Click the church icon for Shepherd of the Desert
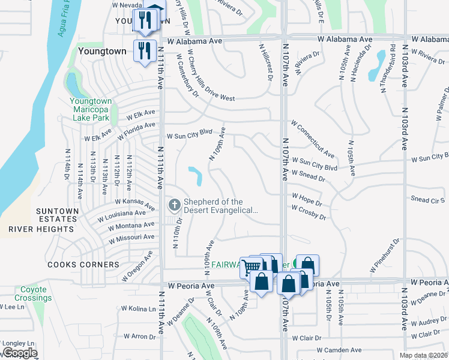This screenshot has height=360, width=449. (x=174, y=206)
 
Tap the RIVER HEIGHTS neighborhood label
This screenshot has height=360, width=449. (x=43, y=229)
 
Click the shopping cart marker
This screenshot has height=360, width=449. (x=252, y=266)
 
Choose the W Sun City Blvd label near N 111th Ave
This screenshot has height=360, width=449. (x=190, y=136)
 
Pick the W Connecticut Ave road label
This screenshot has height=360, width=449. (x=313, y=139)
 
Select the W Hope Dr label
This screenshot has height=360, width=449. (x=307, y=196)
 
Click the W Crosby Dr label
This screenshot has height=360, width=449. (x=309, y=212)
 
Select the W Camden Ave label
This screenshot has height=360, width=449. (x=339, y=350)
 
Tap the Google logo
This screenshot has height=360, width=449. (x=20, y=353)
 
